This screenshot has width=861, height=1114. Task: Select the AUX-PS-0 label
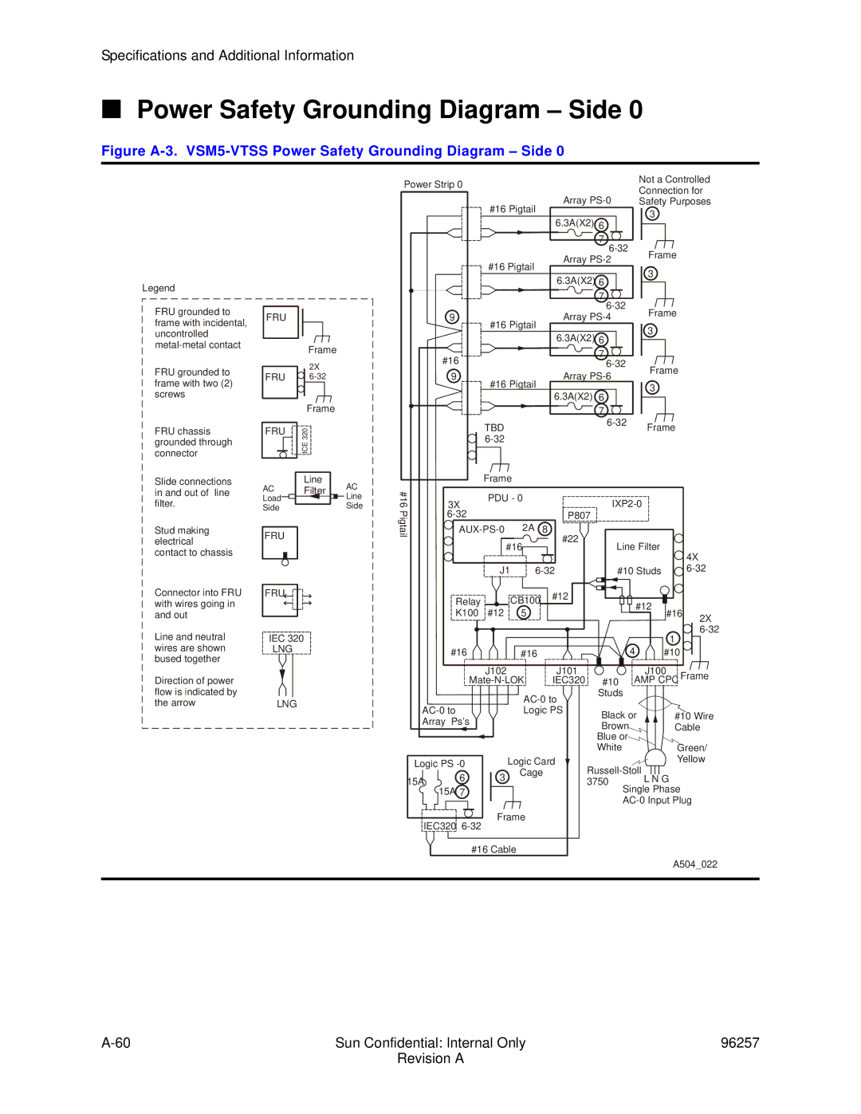tap(481, 529)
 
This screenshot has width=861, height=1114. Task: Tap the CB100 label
tap(525, 600)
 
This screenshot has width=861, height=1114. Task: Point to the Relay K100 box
tap(467, 608)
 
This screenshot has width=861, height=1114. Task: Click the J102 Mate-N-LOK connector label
tap(496, 676)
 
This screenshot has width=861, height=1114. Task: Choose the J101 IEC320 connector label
tap(568, 676)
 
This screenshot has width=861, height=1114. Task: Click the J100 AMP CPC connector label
tap(655, 676)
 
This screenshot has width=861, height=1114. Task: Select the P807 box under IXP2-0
tap(579, 516)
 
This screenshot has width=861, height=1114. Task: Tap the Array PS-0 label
tap(587, 201)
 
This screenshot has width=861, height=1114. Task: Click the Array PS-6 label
tap(587, 376)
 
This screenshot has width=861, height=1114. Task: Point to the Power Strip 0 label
tap(433, 185)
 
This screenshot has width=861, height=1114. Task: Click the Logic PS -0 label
tap(438, 764)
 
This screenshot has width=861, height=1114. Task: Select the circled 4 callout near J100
tap(632, 651)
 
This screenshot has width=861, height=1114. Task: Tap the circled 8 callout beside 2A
tap(545, 529)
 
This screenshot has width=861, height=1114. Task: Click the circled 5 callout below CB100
tap(524, 613)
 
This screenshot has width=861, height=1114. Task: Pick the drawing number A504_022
tap(694, 864)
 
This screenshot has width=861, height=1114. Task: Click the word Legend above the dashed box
tap(159, 289)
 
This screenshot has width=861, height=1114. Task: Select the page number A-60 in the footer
tap(116, 1043)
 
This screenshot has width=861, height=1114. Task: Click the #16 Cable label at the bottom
tap(493, 850)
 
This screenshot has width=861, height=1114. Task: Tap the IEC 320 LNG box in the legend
tap(286, 644)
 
